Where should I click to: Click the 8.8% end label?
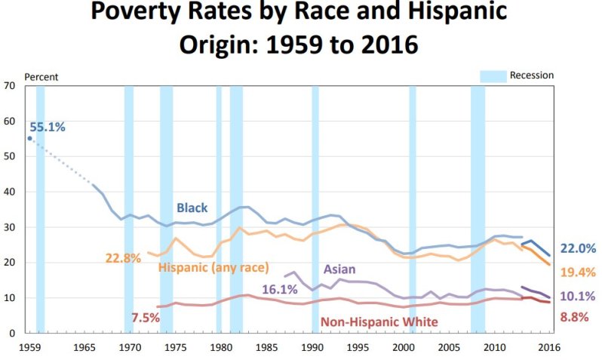(575, 317)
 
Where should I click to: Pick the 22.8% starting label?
(123, 258)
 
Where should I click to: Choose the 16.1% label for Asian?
(280, 289)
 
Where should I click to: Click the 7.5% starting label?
(145, 318)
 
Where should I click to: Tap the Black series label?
(192, 208)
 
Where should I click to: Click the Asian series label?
(339, 269)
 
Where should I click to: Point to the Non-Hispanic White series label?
(379, 322)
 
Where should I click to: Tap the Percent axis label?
(41, 77)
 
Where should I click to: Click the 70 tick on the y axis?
(10, 85)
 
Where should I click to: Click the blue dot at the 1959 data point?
(30, 138)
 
